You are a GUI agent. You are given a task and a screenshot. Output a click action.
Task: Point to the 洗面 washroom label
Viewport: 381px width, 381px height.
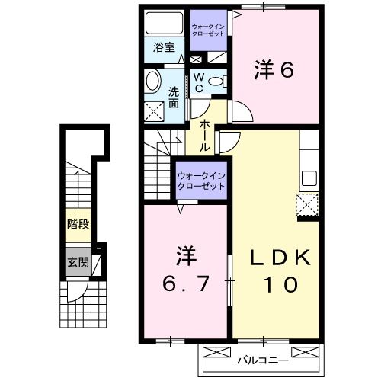174,98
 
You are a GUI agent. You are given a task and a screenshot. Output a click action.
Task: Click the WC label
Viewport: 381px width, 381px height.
197,82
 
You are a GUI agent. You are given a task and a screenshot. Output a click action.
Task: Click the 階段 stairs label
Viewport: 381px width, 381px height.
75,225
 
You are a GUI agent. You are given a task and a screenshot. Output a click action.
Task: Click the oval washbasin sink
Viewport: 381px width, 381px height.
153,82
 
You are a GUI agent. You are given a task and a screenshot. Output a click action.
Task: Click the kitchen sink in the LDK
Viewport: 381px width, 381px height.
309,179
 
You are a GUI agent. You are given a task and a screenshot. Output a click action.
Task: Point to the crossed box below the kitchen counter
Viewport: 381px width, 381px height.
307,204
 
